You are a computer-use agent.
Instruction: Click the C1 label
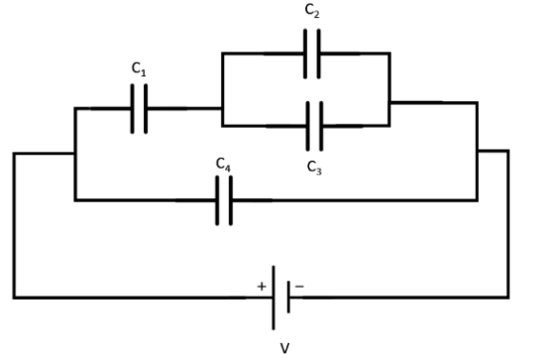(139, 68)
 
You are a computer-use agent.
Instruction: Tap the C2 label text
(312, 11)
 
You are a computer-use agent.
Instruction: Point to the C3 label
(314, 168)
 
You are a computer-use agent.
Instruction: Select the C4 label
(223, 165)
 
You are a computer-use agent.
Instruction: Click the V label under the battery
(284, 348)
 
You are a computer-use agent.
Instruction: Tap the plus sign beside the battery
(262, 287)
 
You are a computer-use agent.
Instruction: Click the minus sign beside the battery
(299, 286)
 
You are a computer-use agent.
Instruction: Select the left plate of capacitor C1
(133, 109)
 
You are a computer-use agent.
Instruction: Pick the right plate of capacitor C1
(146, 109)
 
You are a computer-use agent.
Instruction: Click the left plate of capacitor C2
(305, 54)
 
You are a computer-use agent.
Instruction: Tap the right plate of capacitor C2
(319, 54)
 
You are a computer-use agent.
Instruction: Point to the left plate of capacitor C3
(308, 126)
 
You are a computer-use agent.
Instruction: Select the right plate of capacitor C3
(321, 126)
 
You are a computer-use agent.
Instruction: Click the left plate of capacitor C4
(217, 200)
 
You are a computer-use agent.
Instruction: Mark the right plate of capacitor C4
(231, 200)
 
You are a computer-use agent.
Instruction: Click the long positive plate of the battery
(274, 298)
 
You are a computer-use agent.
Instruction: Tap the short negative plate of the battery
(288, 297)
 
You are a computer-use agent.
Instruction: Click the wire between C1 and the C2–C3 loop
(184, 108)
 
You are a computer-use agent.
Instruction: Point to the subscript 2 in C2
(316, 14)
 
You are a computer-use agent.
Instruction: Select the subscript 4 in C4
(227, 168)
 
